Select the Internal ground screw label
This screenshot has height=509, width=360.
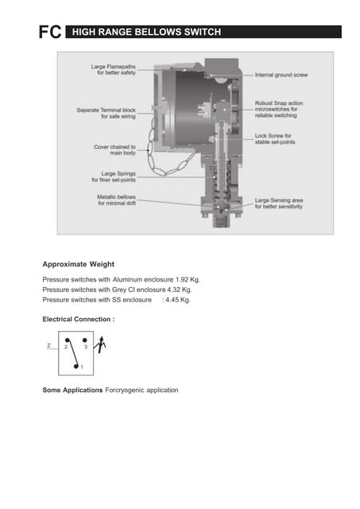click(281, 73)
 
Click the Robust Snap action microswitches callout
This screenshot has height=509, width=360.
click(283, 113)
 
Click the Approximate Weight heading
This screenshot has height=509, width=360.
click(79, 263)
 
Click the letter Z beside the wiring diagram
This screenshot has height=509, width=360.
click(49, 347)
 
